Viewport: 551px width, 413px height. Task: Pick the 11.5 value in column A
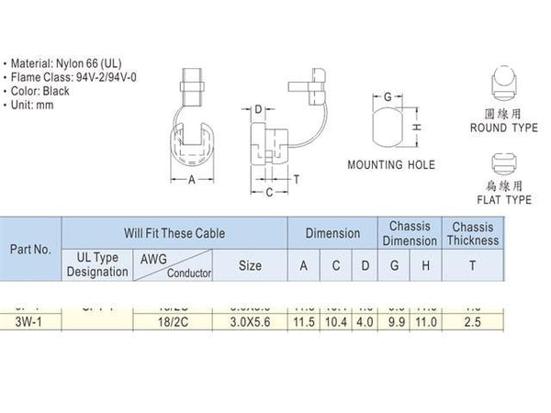[x=303, y=322]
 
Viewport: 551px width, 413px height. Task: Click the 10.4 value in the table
[x=336, y=322]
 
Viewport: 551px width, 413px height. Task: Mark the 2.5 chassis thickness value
[x=473, y=322]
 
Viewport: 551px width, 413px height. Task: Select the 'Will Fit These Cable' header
[x=174, y=233]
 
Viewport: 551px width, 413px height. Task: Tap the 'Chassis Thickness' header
[x=473, y=233]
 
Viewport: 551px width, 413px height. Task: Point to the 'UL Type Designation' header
[x=96, y=266]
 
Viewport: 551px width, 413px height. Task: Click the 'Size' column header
[x=249, y=266]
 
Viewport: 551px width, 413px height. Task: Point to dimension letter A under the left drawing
[x=191, y=180]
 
